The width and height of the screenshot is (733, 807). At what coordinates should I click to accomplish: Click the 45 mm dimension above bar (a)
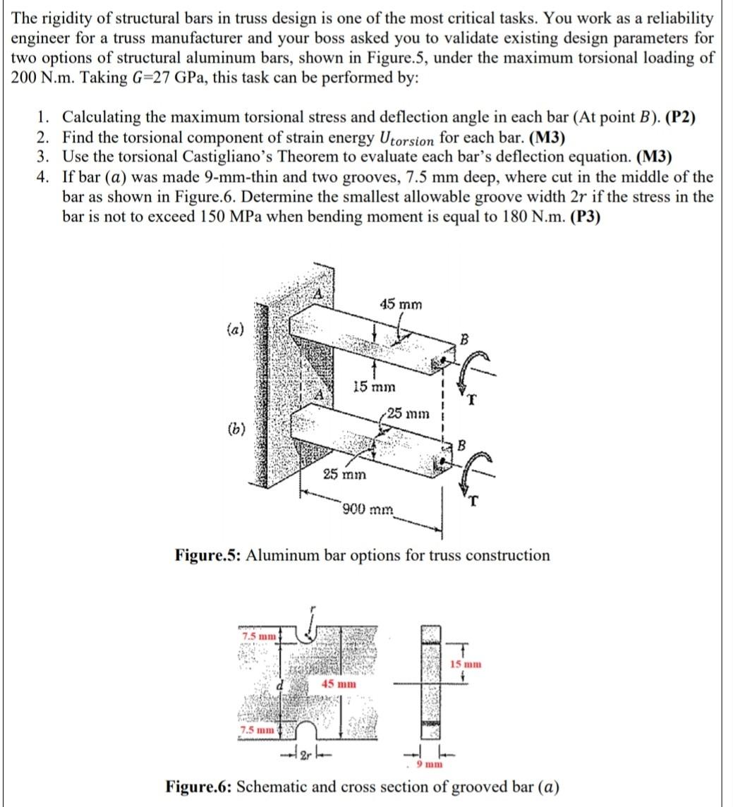(401, 305)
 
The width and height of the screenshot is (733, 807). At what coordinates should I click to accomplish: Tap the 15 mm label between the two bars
(374, 387)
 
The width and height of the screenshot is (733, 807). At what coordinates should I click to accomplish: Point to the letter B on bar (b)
(462, 445)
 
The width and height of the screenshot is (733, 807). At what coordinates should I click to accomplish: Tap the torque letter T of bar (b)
(477, 502)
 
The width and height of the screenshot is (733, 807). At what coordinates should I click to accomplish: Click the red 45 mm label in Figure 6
(339, 684)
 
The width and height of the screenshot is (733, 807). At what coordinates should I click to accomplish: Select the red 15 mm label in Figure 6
(466, 664)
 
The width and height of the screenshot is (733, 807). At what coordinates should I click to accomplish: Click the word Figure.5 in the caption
(205, 555)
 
